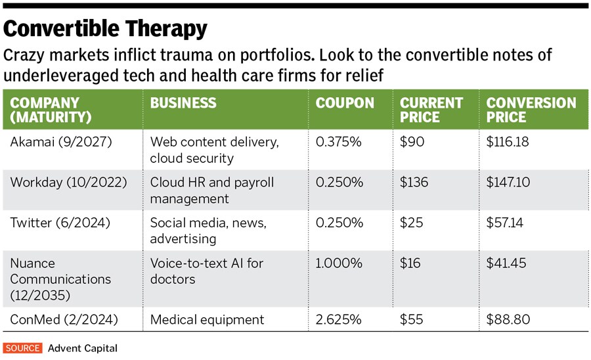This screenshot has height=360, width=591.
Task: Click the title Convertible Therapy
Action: [106, 29]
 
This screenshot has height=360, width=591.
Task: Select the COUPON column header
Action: [345, 103]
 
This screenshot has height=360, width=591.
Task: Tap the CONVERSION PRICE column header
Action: [531, 110]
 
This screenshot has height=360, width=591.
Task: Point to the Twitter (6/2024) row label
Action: [60, 223]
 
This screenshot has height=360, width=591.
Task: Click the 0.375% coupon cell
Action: [339, 141]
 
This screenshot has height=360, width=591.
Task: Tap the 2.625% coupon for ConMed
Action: [339, 320]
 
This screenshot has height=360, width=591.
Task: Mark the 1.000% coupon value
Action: [339, 263]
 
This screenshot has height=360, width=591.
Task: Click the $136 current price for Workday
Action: [415, 182]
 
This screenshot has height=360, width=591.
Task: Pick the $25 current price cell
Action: [412, 223]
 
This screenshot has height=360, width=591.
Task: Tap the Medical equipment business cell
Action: [207, 320]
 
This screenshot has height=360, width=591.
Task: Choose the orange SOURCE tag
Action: [22, 348]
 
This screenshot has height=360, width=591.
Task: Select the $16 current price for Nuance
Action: [411, 263]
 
